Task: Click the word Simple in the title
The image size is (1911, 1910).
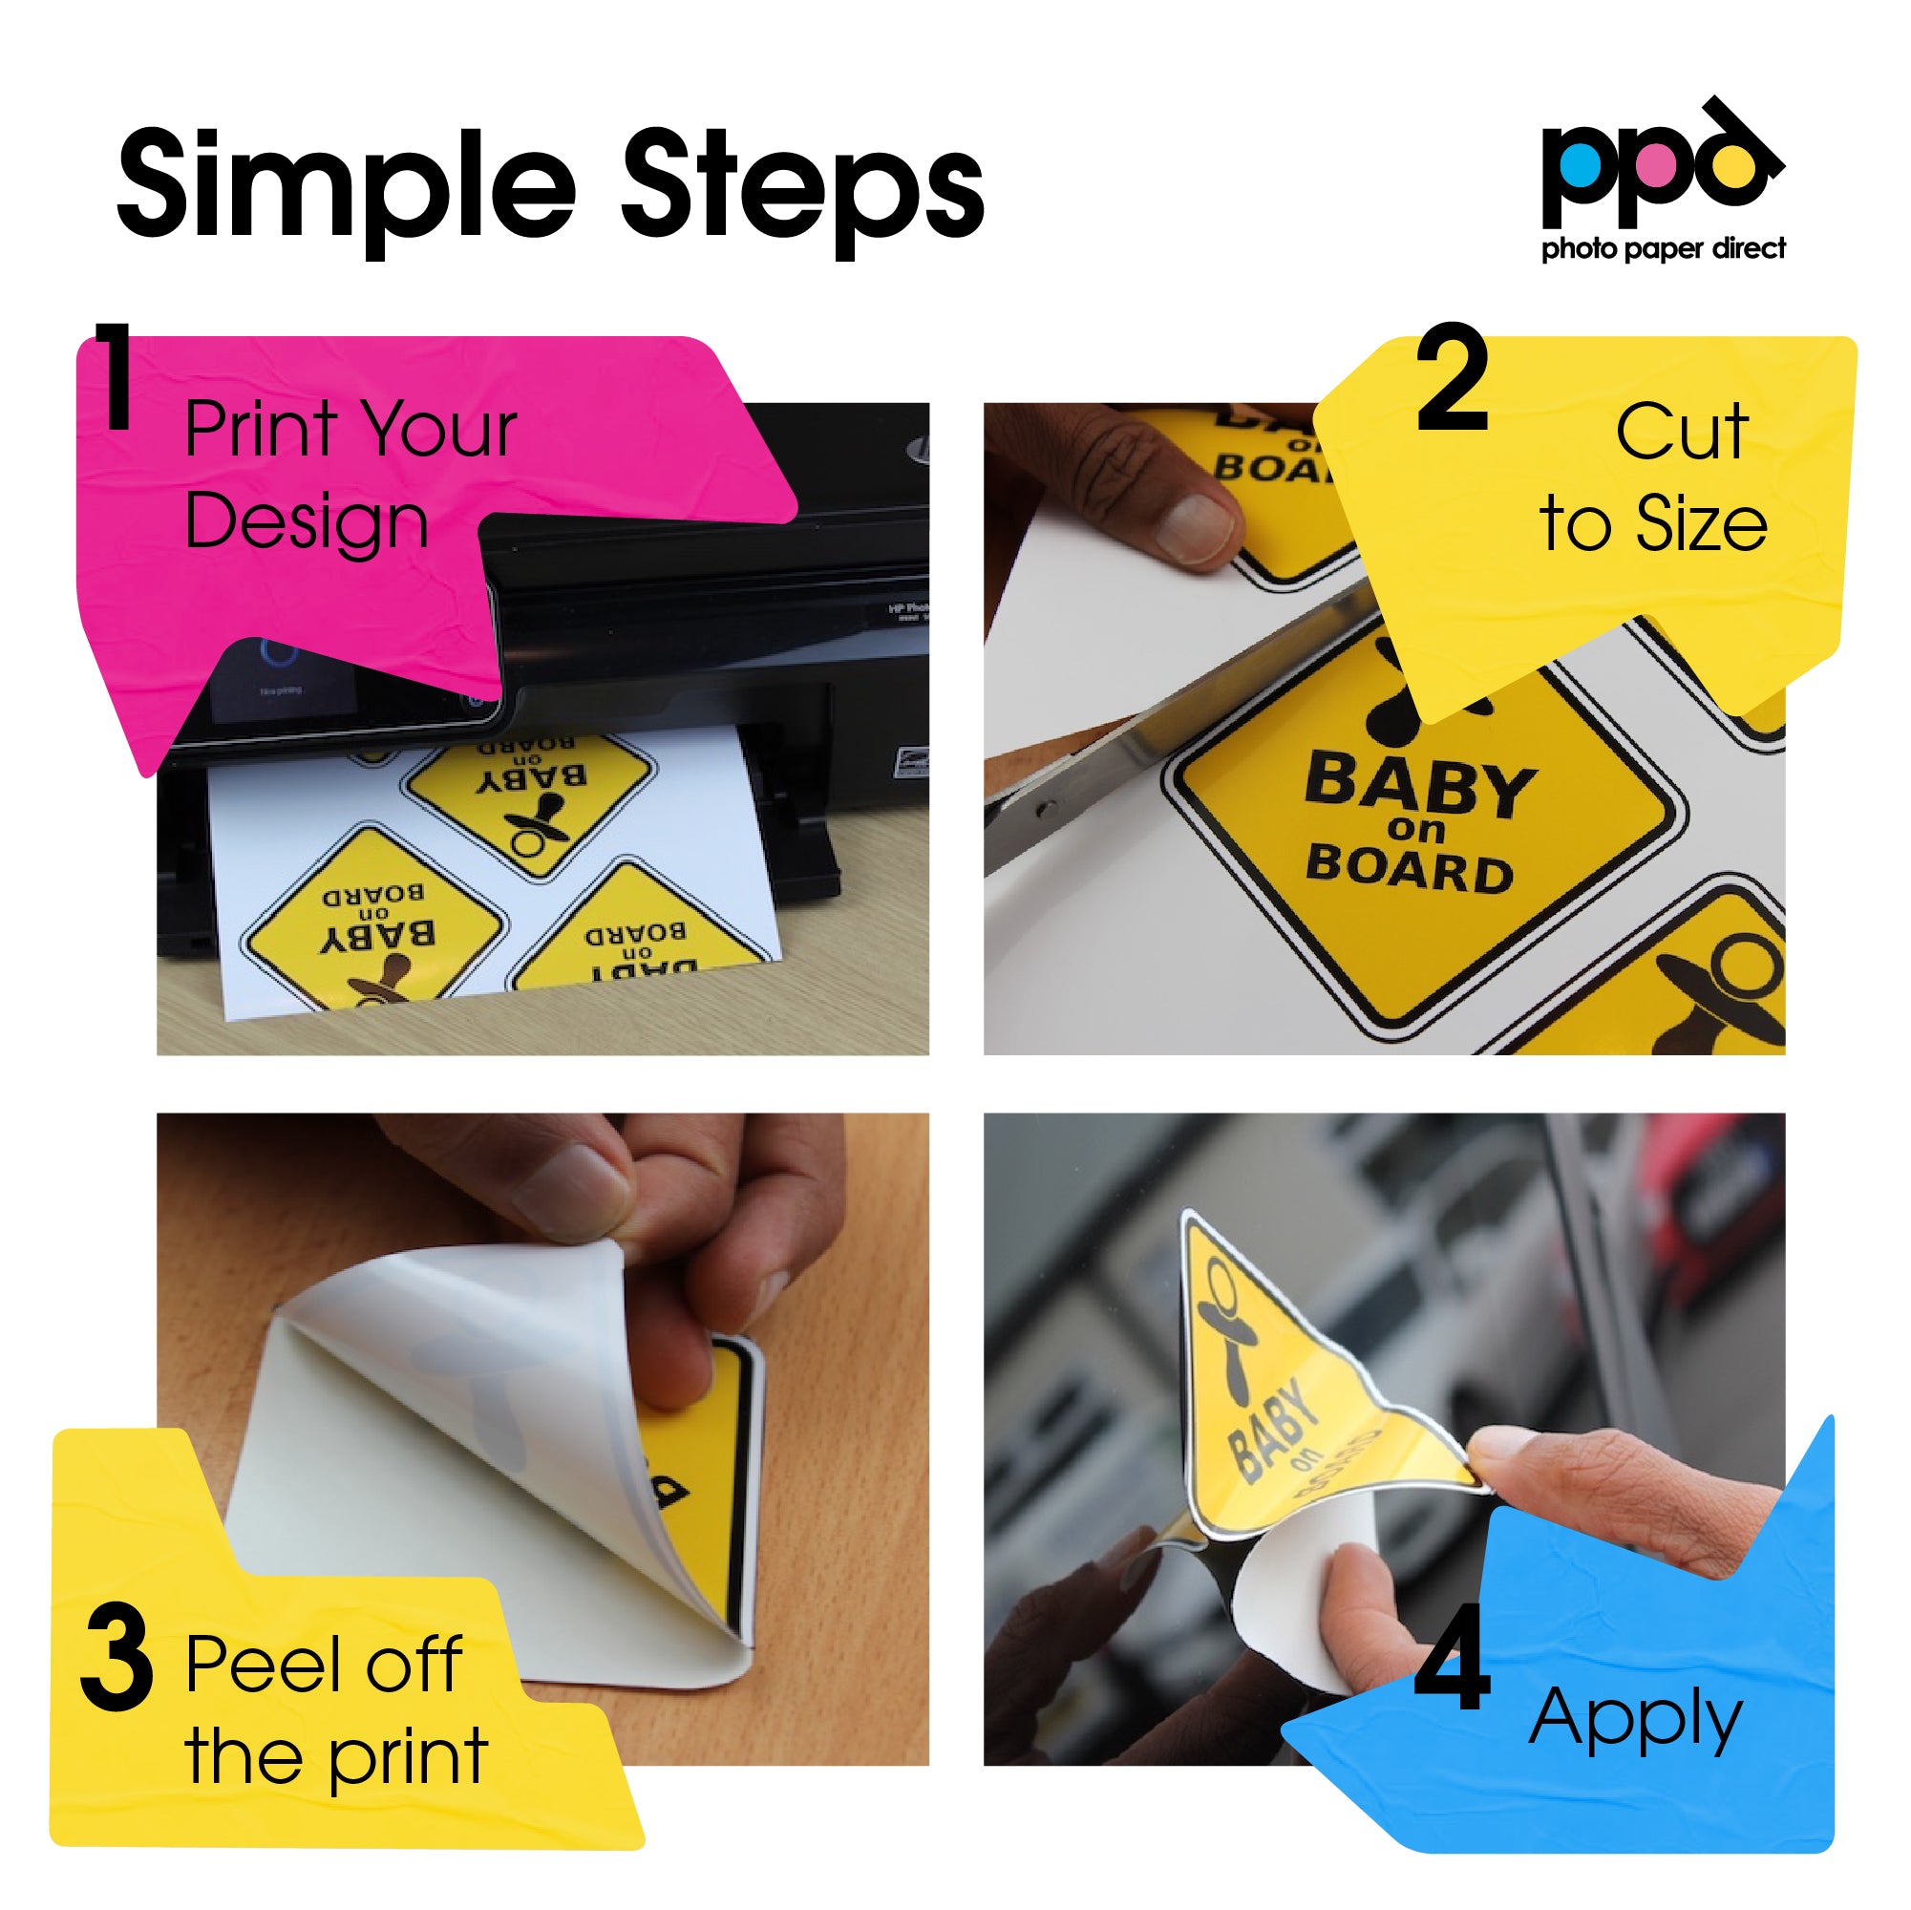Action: coord(346,188)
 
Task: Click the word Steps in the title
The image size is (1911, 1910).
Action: coord(803,188)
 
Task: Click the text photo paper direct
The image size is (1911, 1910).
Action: coord(1664,248)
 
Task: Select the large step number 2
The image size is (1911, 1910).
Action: coord(1451,380)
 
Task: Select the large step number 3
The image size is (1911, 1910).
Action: coord(117,1659)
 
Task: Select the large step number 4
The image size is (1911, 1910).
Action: coord(1451,1659)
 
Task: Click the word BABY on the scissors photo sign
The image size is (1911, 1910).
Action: coord(1419,783)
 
